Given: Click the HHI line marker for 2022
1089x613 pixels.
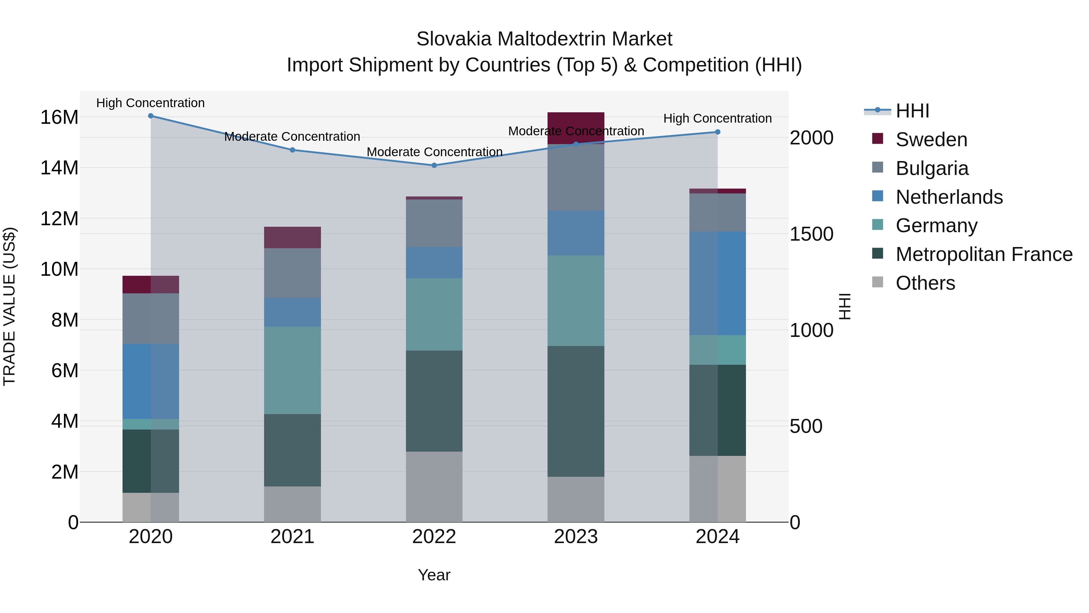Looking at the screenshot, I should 434,165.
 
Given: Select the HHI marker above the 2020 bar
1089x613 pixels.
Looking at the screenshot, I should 151,116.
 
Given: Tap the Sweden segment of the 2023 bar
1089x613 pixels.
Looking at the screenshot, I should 576,123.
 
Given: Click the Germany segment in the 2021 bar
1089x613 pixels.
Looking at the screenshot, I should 292,370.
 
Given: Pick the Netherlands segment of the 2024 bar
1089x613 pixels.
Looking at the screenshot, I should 718,283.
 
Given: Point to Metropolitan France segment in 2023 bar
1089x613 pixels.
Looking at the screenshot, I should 576,411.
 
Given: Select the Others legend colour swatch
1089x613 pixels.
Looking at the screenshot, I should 878,282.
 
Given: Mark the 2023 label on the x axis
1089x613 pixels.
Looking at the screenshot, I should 576,537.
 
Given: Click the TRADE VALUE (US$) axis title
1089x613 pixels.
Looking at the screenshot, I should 9,306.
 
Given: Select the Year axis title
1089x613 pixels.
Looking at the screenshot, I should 434,575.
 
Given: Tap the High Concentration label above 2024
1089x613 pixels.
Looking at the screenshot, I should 718,118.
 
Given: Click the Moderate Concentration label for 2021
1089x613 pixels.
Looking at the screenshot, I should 292,137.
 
